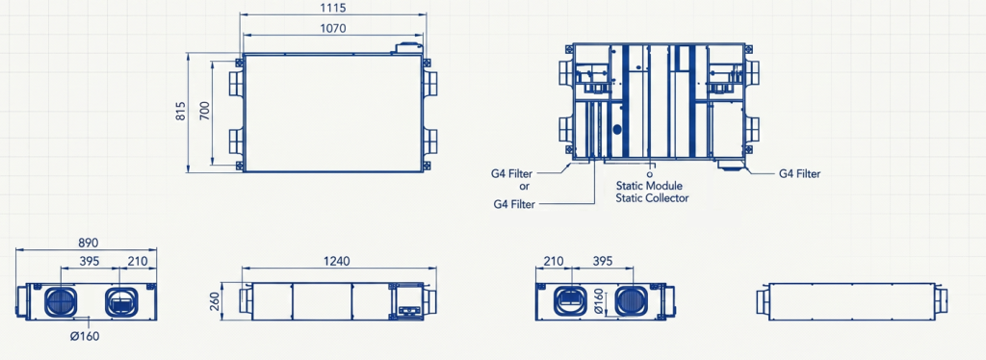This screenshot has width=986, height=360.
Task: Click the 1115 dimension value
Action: [333, 8]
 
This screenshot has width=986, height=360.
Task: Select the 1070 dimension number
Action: [333, 28]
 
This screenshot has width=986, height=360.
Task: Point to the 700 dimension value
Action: [205, 111]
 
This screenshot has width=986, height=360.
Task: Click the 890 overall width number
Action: [87, 243]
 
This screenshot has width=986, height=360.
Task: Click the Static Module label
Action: [649, 186]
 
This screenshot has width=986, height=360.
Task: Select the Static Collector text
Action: [652, 198]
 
